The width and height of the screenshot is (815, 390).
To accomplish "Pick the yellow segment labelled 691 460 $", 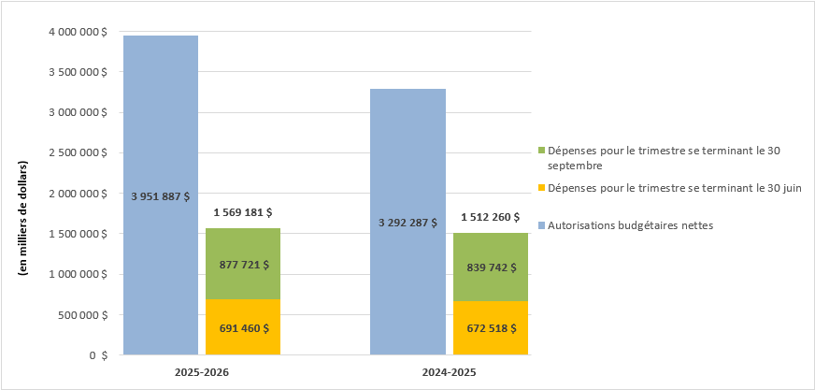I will [243, 327].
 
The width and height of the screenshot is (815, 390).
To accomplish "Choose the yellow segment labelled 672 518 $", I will [491, 328].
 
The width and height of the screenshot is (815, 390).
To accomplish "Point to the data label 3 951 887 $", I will [160, 196].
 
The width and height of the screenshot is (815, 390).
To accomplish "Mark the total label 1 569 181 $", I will [243, 213].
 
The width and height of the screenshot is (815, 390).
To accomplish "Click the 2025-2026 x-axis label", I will [202, 372].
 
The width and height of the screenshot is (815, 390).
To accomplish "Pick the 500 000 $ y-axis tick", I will [81, 315].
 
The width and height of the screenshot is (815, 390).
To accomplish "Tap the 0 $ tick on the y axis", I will [97, 355].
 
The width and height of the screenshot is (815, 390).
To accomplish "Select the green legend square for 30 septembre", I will [542, 151].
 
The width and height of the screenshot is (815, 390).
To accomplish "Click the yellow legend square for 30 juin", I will [542, 189].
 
